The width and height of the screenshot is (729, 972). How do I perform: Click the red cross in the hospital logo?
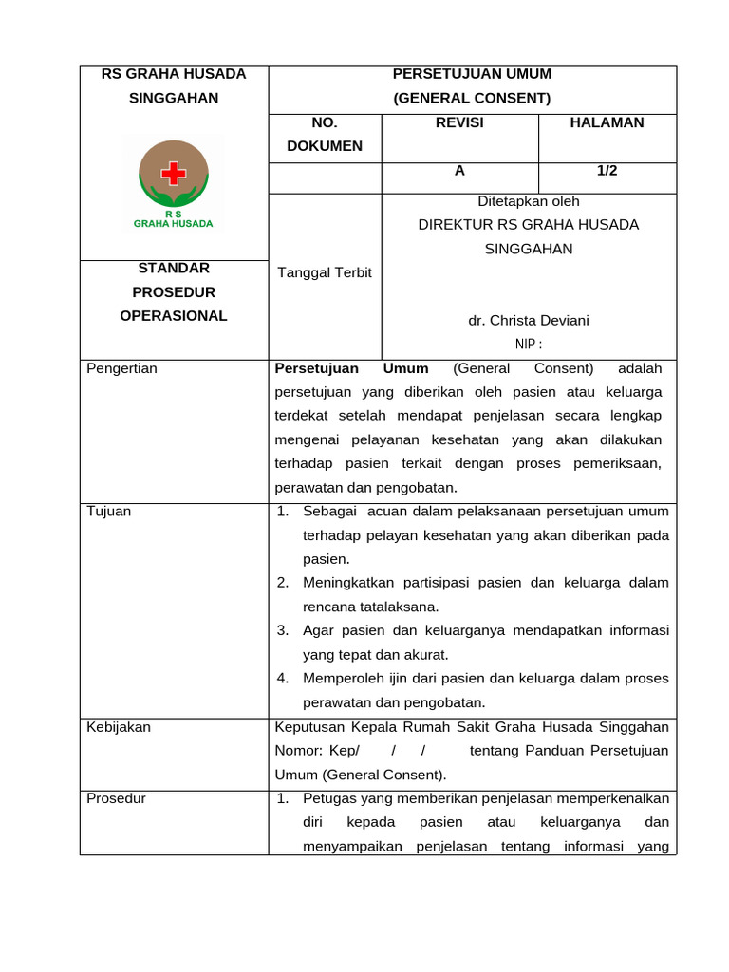point(174,173)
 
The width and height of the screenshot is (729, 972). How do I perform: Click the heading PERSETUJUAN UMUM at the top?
point(472,74)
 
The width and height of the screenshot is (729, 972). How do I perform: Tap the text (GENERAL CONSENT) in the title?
point(472,98)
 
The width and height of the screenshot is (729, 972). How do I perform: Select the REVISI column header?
point(459,122)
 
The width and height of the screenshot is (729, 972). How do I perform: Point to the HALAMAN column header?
point(607,122)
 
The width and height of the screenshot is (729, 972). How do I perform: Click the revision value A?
point(459,171)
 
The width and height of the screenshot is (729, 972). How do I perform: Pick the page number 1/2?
point(607,171)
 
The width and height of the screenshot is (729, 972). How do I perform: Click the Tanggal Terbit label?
point(325,272)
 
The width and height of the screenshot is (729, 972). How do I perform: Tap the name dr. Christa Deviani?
point(529,321)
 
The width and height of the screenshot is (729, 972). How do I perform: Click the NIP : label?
point(529,345)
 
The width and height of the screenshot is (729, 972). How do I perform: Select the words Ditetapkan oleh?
point(529,201)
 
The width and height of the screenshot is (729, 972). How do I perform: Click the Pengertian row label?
point(121,368)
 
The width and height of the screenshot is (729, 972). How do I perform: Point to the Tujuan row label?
point(109,512)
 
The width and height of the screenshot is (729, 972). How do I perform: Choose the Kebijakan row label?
point(119,727)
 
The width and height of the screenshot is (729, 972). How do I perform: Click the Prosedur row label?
point(117,798)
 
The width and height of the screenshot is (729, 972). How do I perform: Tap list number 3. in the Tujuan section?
point(283,630)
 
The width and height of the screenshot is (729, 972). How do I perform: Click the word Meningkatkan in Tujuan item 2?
point(348,583)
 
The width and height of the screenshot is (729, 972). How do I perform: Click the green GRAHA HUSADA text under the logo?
point(174,224)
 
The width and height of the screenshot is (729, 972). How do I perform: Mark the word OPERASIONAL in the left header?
point(174,316)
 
